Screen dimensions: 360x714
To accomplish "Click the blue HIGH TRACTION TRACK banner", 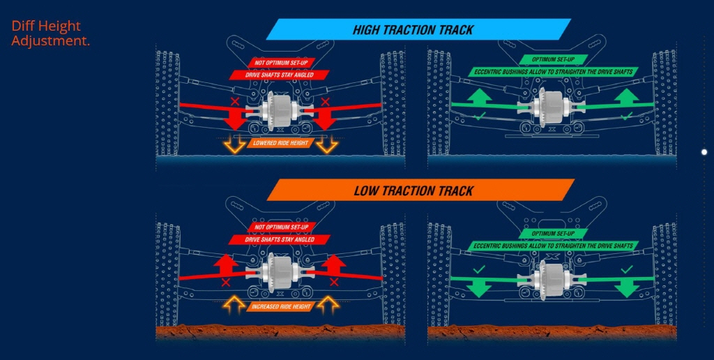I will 418,29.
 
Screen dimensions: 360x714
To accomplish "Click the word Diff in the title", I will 25,27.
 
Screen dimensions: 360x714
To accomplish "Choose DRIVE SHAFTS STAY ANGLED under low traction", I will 280,239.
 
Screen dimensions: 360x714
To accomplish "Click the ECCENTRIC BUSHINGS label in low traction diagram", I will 553,246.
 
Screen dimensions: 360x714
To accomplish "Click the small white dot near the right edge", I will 704,151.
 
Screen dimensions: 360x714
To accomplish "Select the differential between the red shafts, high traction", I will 279,108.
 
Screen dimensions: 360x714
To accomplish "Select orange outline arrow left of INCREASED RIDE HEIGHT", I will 233,304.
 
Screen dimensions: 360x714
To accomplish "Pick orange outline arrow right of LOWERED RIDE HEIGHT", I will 325,144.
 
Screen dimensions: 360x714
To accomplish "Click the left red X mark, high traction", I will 236,103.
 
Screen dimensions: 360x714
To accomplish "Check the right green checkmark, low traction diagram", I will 627,269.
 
